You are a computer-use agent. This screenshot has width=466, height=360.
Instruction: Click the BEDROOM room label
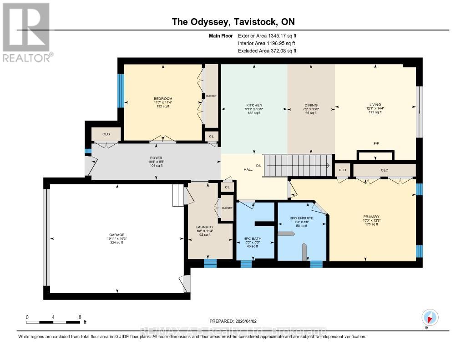[x=163, y=99]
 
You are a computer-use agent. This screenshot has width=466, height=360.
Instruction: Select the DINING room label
[x=311, y=105]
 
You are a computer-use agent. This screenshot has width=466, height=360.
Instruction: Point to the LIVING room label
[x=375, y=104]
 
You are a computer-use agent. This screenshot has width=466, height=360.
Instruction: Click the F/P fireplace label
[x=376, y=144]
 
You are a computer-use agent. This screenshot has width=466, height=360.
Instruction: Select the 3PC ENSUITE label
[x=302, y=218]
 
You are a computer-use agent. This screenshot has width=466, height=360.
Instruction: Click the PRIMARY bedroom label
[x=371, y=217]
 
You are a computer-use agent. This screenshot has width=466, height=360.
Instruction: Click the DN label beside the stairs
[x=259, y=166]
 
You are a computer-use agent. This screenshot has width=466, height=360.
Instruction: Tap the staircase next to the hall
[x=298, y=165]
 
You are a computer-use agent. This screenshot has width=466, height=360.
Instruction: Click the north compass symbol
[x=430, y=317]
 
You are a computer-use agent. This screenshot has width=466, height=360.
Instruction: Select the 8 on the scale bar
[x=80, y=317]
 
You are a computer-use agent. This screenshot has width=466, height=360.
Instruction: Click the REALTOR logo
[x=27, y=32]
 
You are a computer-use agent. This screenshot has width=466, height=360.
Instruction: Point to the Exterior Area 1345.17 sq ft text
[x=268, y=35]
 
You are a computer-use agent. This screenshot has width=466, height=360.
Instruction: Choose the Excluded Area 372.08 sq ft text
[x=267, y=51]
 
